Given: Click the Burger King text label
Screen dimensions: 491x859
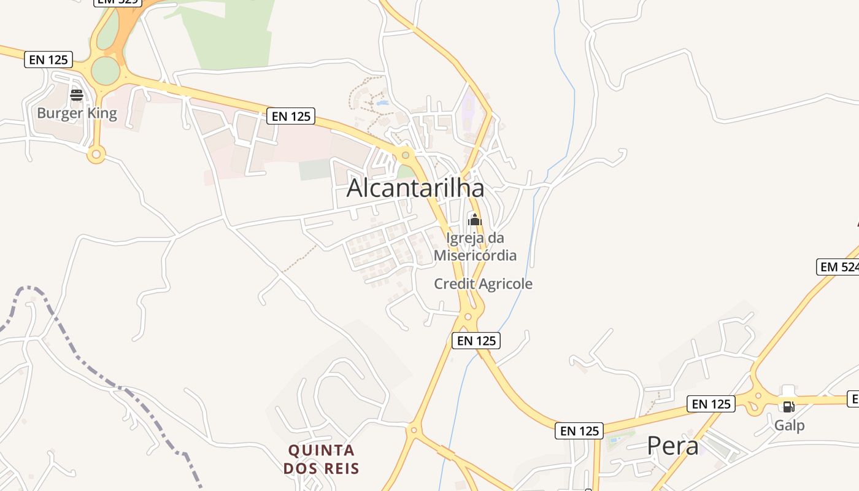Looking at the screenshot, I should point(77,113).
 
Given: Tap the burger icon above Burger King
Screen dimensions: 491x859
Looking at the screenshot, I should point(77,95).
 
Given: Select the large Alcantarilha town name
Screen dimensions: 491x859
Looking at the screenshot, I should point(415,188).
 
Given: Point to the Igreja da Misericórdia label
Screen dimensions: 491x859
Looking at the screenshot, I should point(475,247).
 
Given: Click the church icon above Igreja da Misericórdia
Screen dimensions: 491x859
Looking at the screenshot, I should point(475,220).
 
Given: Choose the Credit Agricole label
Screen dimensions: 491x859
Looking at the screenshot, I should point(483,284).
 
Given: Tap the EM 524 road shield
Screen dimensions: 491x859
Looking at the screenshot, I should point(838,267).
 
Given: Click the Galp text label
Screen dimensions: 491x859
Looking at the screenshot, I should point(789,425).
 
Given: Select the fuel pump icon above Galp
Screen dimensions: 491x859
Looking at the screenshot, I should point(789,406).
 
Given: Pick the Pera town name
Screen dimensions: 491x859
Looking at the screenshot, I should point(672,446).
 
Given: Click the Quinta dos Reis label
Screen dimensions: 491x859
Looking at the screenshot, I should point(322,459).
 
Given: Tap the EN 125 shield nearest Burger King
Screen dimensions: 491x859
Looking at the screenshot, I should point(48,60).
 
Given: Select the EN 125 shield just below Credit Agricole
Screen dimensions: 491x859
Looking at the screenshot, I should point(476,340).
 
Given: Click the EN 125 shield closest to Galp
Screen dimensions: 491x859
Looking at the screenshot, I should point(711,404).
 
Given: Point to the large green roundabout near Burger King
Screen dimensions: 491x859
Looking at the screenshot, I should point(106,71).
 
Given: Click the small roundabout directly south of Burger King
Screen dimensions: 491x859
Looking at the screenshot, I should point(96,154).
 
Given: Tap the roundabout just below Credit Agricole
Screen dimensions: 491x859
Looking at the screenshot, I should point(468,317).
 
